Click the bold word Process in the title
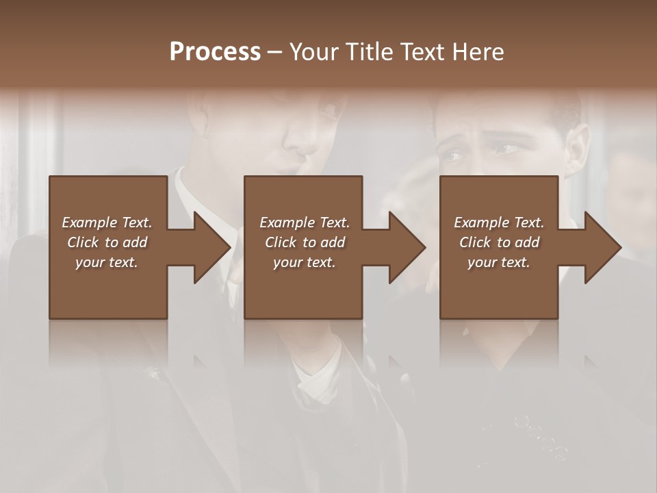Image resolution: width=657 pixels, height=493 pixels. tap(215, 52)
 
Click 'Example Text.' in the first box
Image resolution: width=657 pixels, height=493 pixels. tap(107, 223)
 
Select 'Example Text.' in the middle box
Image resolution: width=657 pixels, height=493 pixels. tap(305, 223)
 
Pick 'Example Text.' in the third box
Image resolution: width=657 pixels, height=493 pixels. tap(499, 223)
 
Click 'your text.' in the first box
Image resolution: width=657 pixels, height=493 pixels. tap(107, 262)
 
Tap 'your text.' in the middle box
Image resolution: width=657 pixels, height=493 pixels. tap(305, 262)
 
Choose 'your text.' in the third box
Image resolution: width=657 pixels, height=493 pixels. tap(499, 262)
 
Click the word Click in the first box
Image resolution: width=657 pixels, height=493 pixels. tap(83, 242)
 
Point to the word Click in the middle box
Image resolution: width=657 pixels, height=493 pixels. tap(281, 242)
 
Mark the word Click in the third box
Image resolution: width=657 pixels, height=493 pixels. tap(475, 242)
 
